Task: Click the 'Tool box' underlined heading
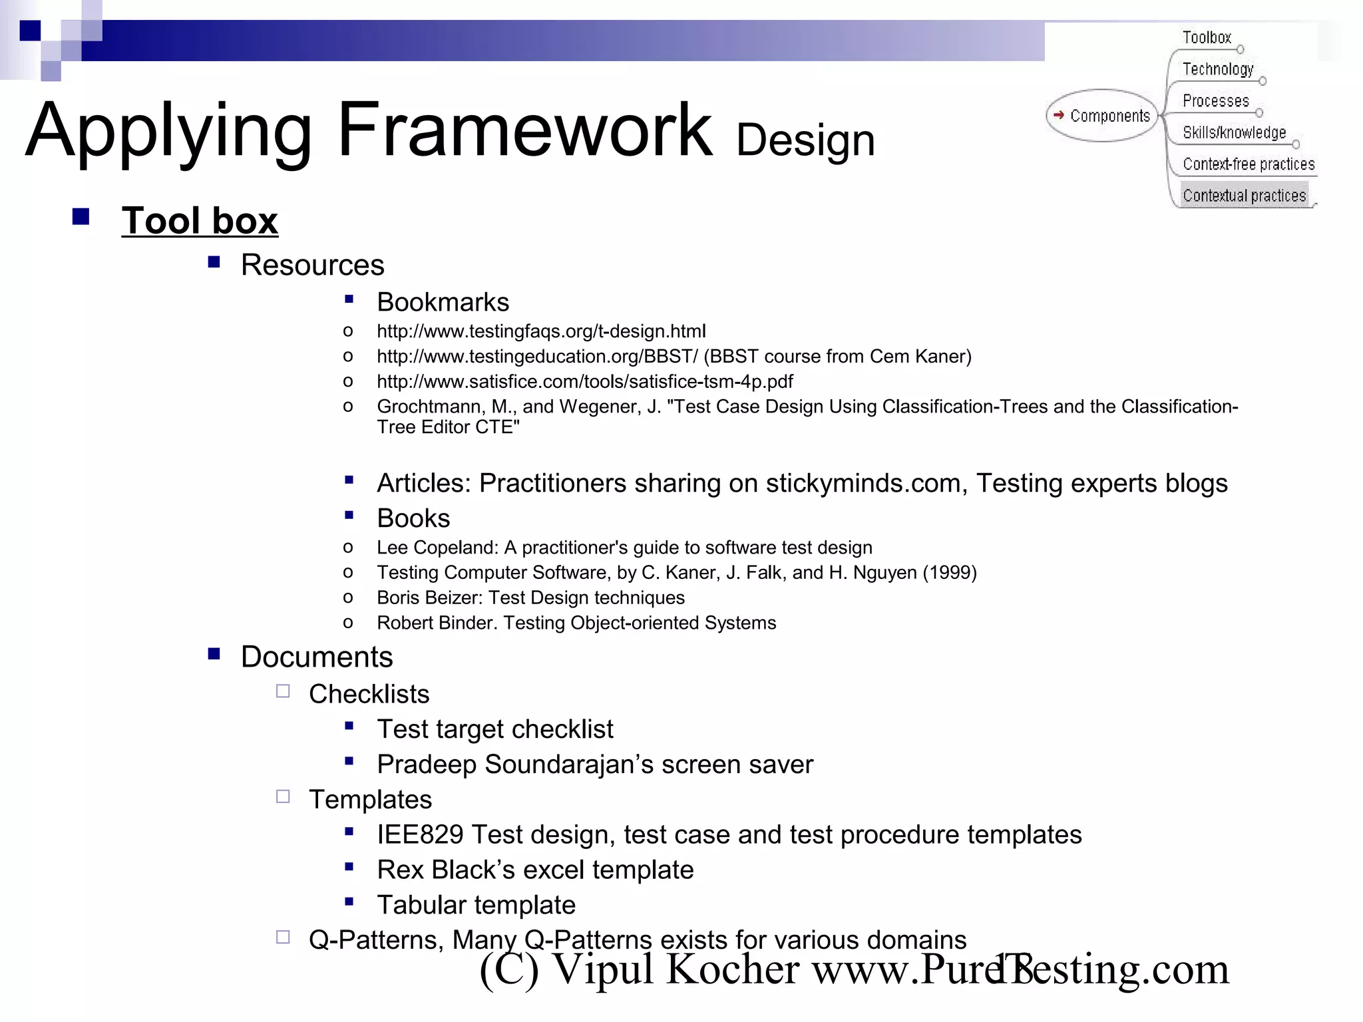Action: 200,221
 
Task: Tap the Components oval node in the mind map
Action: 1102,116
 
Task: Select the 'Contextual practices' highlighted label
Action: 1244,196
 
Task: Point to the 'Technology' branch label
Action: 1217,69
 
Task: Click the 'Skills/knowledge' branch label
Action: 1234,132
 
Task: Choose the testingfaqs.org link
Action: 540,331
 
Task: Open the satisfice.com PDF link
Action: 584,382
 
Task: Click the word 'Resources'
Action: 312,265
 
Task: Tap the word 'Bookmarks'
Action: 443,303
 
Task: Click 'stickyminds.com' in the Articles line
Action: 866,484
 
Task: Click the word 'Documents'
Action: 317,657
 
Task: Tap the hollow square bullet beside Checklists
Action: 283,691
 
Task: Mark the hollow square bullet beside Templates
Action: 283,796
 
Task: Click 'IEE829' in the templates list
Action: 419,835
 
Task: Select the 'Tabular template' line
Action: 476,906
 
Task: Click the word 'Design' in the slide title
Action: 805,141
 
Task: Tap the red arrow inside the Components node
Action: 1058,114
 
